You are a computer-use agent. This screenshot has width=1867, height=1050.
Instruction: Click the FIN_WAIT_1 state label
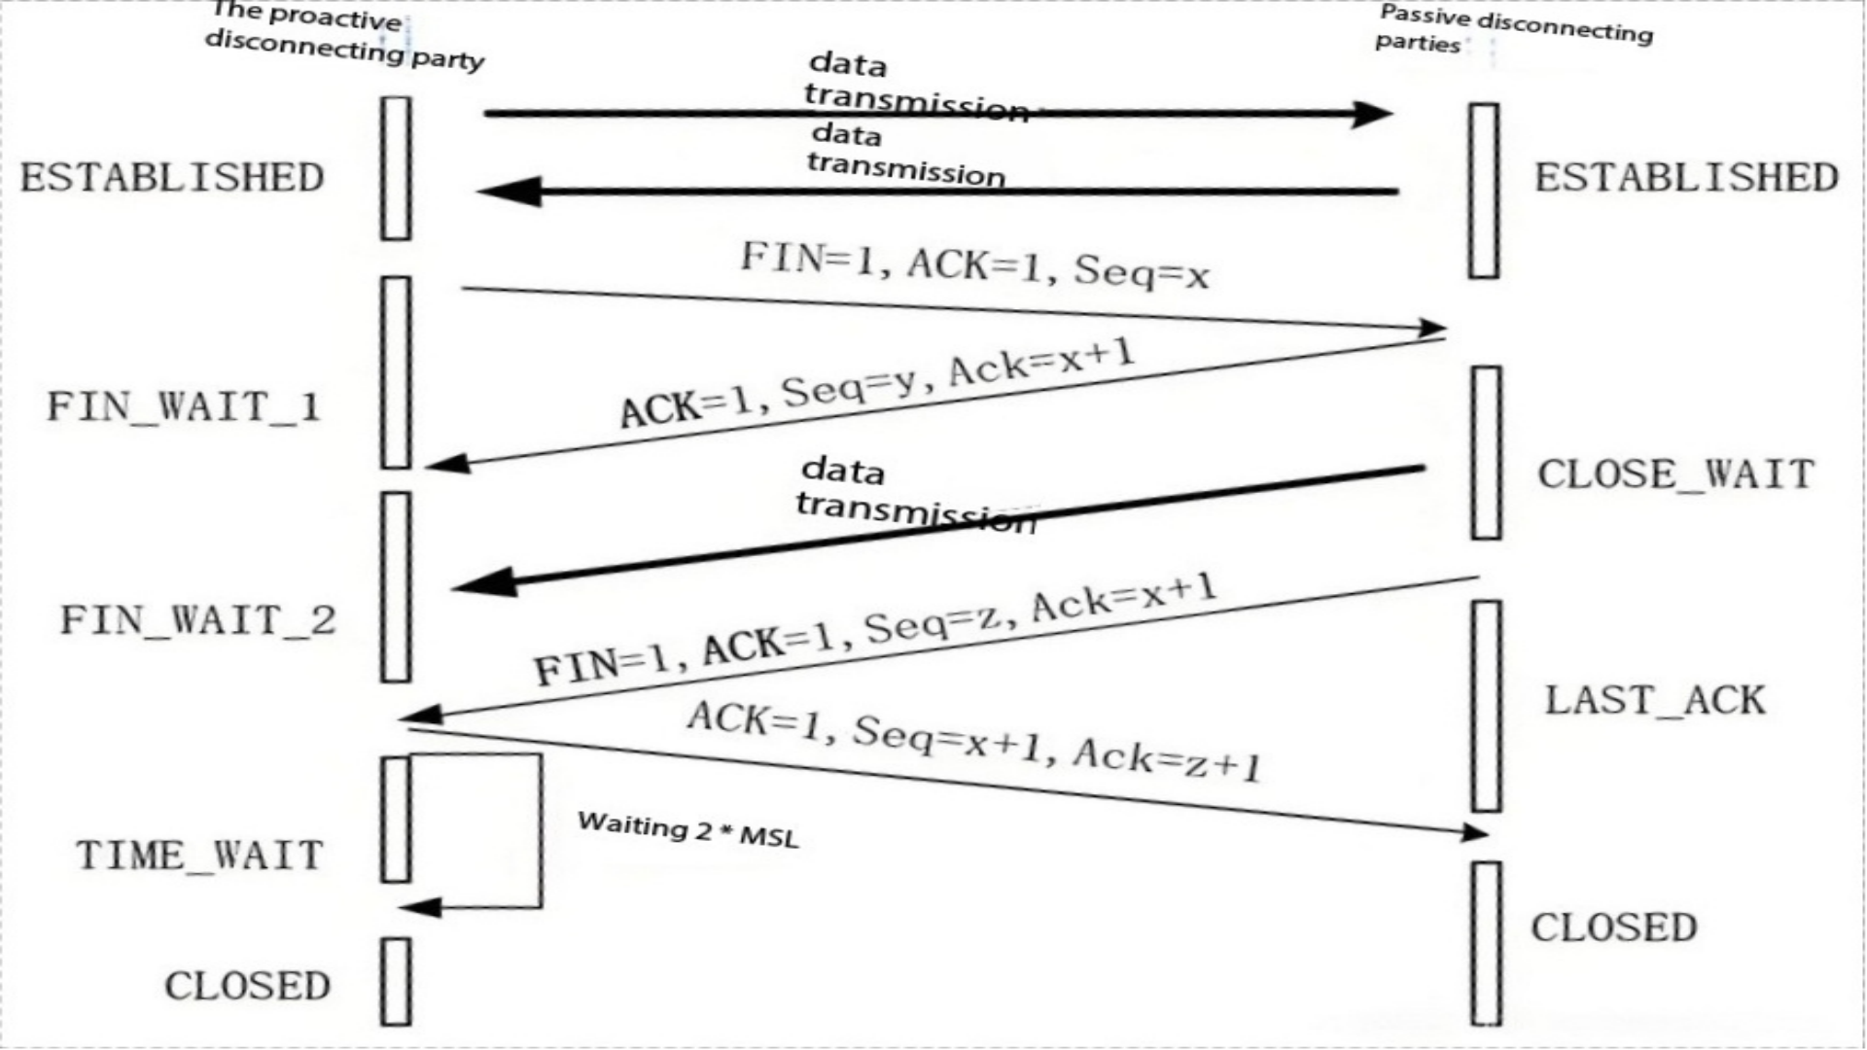(x=184, y=406)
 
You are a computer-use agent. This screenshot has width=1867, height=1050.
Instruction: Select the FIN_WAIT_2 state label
(x=198, y=620)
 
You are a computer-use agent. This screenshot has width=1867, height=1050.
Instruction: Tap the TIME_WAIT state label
(x=199, y=856)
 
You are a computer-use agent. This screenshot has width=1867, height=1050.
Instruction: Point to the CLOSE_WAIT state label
(x=1675, y=474)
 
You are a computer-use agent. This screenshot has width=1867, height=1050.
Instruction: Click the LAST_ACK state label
(x=1655, y=700)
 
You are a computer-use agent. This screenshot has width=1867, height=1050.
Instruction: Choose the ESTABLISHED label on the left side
(x=172, y=178)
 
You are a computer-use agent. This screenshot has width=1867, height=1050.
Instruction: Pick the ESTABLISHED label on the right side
(x=1686, y=178)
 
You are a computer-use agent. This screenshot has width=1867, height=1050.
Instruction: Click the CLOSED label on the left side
(x=247, y=986)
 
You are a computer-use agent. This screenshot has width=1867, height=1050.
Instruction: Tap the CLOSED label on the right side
(x=1614, y=927)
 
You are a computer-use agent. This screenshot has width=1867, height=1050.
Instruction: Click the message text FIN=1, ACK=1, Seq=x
(x=974, y=265)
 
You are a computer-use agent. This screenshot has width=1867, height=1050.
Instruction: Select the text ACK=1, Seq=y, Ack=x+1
(x=877, y=383)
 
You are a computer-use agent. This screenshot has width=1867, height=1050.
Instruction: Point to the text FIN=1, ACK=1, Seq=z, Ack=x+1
(x=875, y=629)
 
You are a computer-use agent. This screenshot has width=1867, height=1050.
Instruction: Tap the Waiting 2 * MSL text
(x=687, y=829)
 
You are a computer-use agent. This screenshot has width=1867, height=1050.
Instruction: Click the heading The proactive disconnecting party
(x=344, y=37)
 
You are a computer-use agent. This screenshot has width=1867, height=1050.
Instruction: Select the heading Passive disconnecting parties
(x=1514, y=29)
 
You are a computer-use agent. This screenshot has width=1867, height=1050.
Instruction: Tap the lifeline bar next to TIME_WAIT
(x=395, y=820)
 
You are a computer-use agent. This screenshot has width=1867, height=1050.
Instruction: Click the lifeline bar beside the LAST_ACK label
(x=1486, y=706)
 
